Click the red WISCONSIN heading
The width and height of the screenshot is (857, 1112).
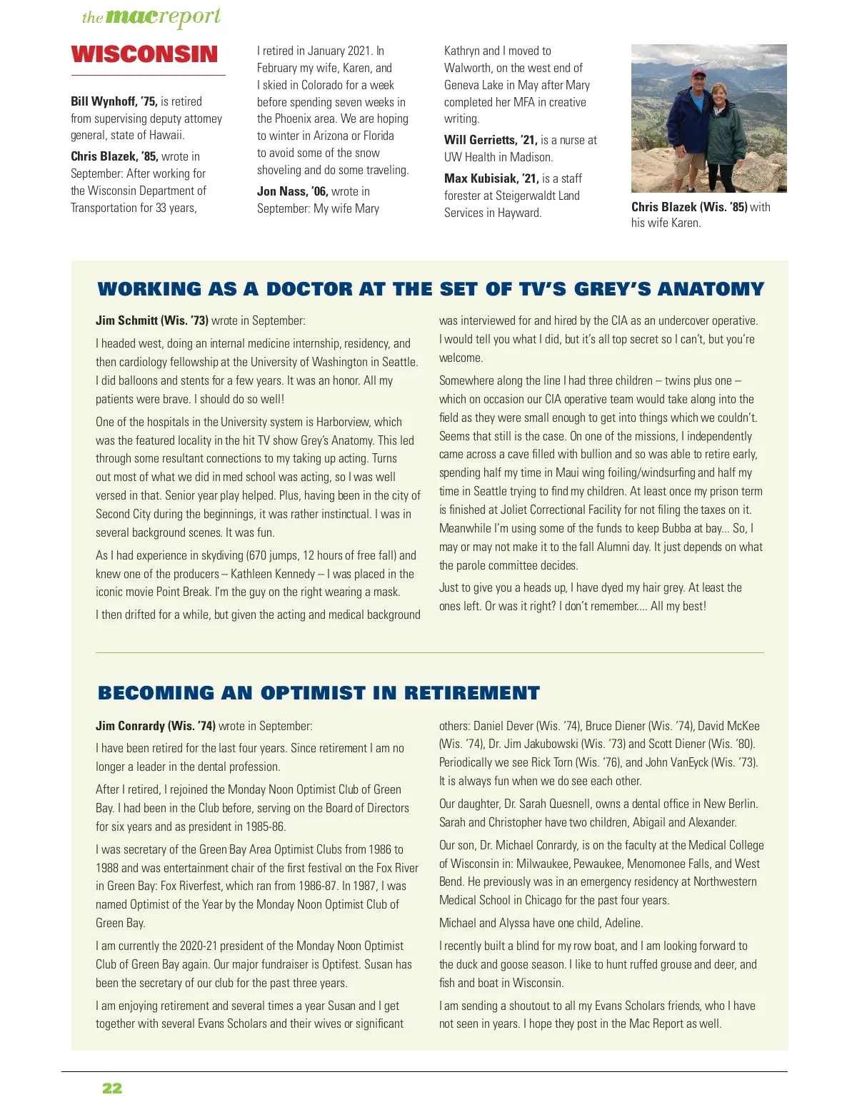coord(144,54)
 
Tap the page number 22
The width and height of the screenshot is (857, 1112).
coord(112,1088)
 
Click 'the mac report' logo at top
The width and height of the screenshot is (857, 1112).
coord(151,18)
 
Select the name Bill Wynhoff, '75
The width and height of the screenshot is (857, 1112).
coord(114,101)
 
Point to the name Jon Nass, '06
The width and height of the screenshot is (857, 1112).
coord(292,191)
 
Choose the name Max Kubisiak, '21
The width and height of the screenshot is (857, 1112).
coord(491,178)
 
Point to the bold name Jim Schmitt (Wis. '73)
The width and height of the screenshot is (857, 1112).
coord(151,320)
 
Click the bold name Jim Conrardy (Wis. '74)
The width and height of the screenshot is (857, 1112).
coord(155,726)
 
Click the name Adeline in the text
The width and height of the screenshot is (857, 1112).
coord(623,923)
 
